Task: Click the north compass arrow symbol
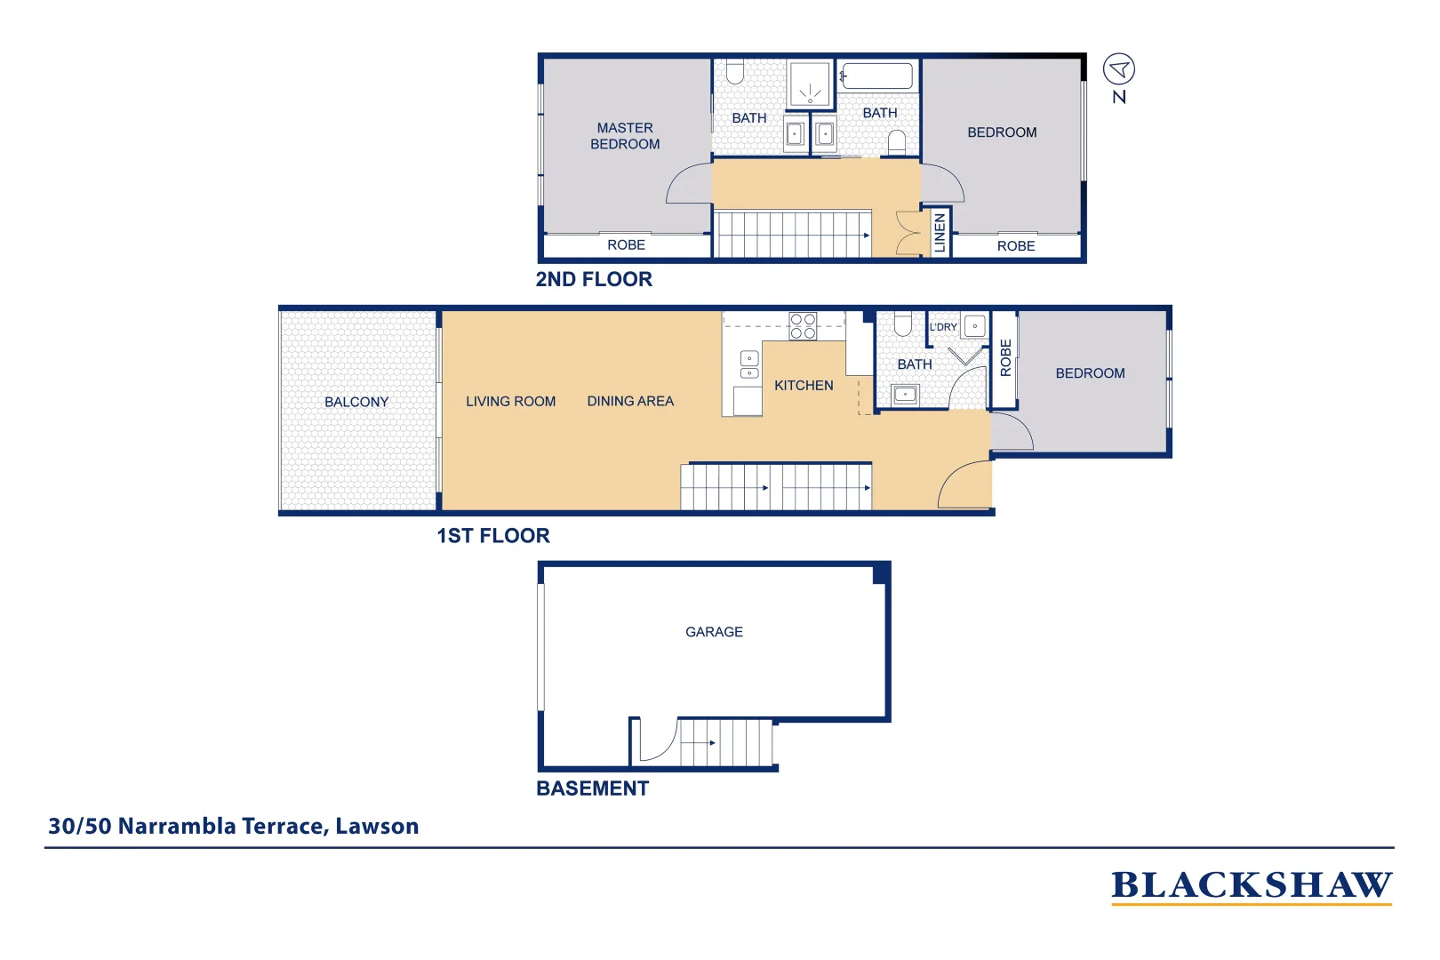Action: pos(1119,69)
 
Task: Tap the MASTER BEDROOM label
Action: pos(625,136)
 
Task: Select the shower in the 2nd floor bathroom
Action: pos(810,84)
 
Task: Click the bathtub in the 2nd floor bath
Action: pos(877,76)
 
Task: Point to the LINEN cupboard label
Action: pos(940,233)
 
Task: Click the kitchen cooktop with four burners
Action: pos(803,326)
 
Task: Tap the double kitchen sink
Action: pos(749,365)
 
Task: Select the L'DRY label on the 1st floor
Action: pos(943,327)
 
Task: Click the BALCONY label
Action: pos(356,402)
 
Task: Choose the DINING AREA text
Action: pos(630,401)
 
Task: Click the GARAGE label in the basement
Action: pos(714,632)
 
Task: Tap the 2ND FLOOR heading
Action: pos(594,279)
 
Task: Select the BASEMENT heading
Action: pos(593,788)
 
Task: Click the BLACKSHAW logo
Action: pos(1251,886)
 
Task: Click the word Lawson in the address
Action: pos(377,826)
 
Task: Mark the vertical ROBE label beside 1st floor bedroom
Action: pos(1006,357)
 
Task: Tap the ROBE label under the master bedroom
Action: pos(627,245)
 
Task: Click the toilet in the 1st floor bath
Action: pos(903,324)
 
